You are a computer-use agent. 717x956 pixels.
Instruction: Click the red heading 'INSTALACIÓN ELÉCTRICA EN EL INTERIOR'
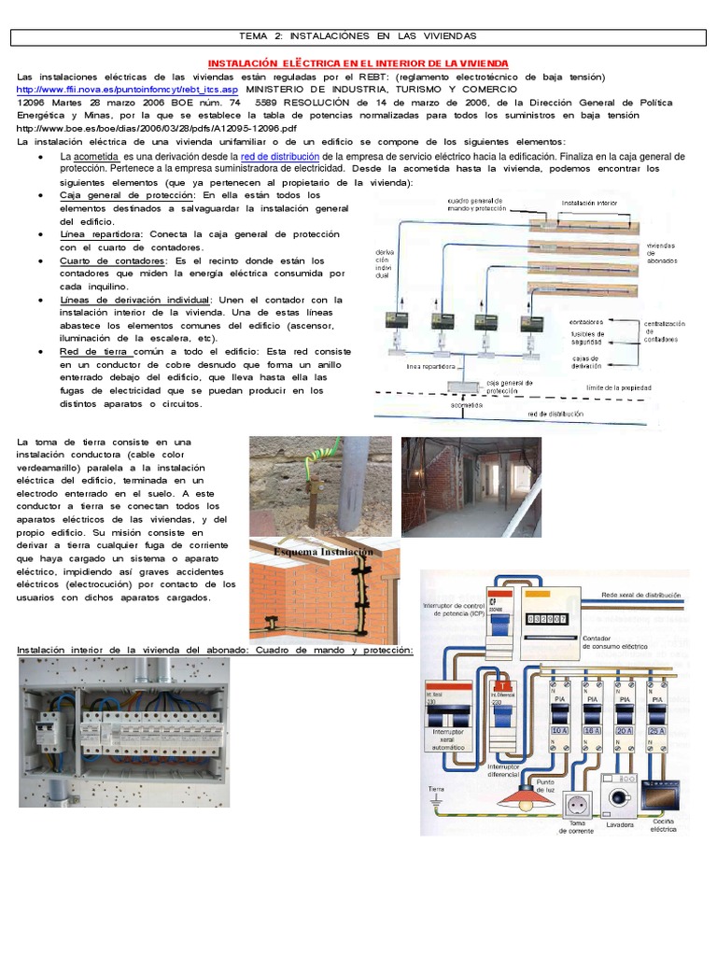pyautogui.click(x=358, y=63)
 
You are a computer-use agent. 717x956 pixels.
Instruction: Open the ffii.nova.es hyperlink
pyautogui.click(x=128, y=90)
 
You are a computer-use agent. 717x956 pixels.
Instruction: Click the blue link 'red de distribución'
pyautogui.click(x=280, y=156)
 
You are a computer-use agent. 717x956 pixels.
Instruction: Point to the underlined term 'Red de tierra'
pyautogui.click(x=92, y=350)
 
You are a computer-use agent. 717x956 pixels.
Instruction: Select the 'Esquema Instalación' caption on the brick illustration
pyautogui.click(x=322, y=552)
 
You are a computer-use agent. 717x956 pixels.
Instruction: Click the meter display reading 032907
pyautogui.click(x=548, y=619)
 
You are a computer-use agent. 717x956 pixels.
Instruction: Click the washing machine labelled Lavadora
pyautogui.click(x=618, y=799)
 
